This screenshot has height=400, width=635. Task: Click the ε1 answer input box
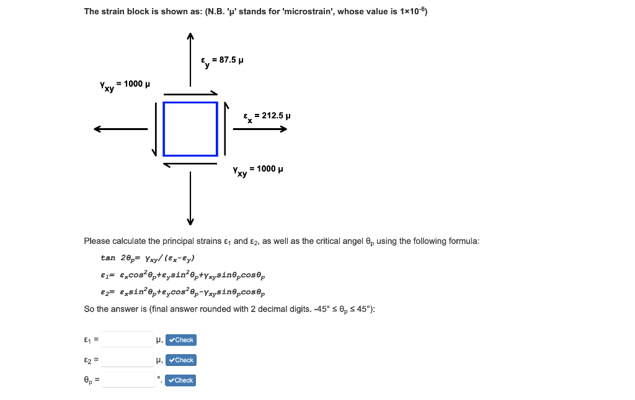click(x=128, y=339)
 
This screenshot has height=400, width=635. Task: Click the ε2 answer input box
click(x=128, y=360)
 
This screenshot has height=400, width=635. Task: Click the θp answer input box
click(x=128, y=380)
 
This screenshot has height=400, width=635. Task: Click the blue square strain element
click(x=190, y=129)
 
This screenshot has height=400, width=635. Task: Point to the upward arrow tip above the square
click(x=190, y=37)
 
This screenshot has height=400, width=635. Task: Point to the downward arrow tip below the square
click(x=190, y=222)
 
